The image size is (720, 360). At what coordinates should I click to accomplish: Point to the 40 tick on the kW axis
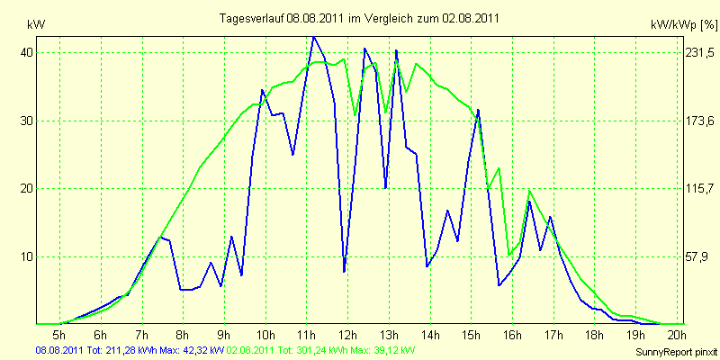(x=28, y=53)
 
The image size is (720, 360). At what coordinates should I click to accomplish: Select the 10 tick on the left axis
(x=28, y=256)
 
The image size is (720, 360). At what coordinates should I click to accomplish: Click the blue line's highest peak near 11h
(x=313, y=37)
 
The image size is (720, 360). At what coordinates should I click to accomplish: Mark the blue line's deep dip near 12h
(x=344, y=271)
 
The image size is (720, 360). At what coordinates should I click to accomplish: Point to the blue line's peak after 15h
(x=478, y=110)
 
